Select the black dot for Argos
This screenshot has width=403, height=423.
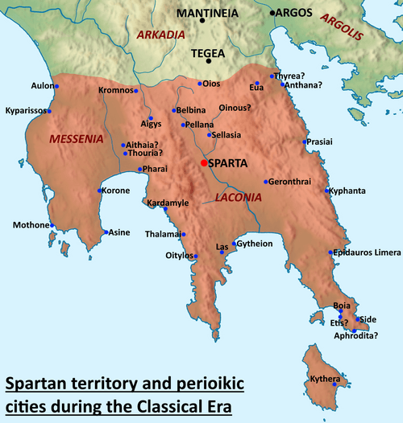click(x=274, y=13)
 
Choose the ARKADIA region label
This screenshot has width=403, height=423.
click(x=161, y=35)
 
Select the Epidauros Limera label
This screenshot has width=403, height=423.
click(x=368, y=253)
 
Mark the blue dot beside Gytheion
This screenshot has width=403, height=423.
click(x=235, y=244)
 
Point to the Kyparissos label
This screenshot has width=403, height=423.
click(x=26, y=110)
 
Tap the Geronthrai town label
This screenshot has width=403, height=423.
click(x=293, y=181)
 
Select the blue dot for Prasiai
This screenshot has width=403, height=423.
click(x=305, y=142)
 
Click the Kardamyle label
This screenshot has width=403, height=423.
click(x=167, y=203)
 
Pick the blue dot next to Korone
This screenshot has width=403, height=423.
click(x=99, y=191)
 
